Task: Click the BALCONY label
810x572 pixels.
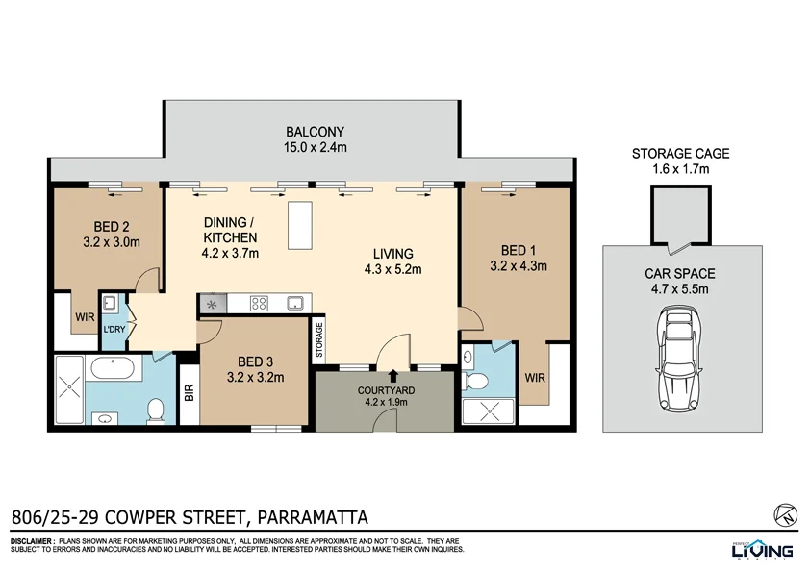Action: pos(315,132)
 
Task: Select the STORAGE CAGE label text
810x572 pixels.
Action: pos(680,153)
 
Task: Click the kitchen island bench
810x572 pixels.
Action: pos(300,223)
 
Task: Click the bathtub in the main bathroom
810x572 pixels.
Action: pos(114,369)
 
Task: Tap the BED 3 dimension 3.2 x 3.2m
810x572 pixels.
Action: pos(256,378)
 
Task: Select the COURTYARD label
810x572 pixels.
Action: pos(385,390)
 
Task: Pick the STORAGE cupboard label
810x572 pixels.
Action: pos(319,339)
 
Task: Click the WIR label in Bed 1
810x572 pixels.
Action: pos(535,378)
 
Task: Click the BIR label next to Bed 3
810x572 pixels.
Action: pos(189,392)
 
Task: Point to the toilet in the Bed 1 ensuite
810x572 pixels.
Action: pos(471,381)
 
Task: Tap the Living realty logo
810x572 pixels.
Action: pos(760,549)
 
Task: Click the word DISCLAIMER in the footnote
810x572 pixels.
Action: pos(31,541)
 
